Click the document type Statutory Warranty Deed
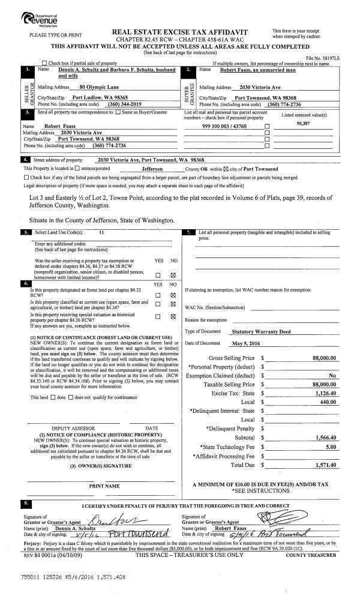point(259,331)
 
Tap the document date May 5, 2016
point(244,343)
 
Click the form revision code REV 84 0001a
point(41,538)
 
